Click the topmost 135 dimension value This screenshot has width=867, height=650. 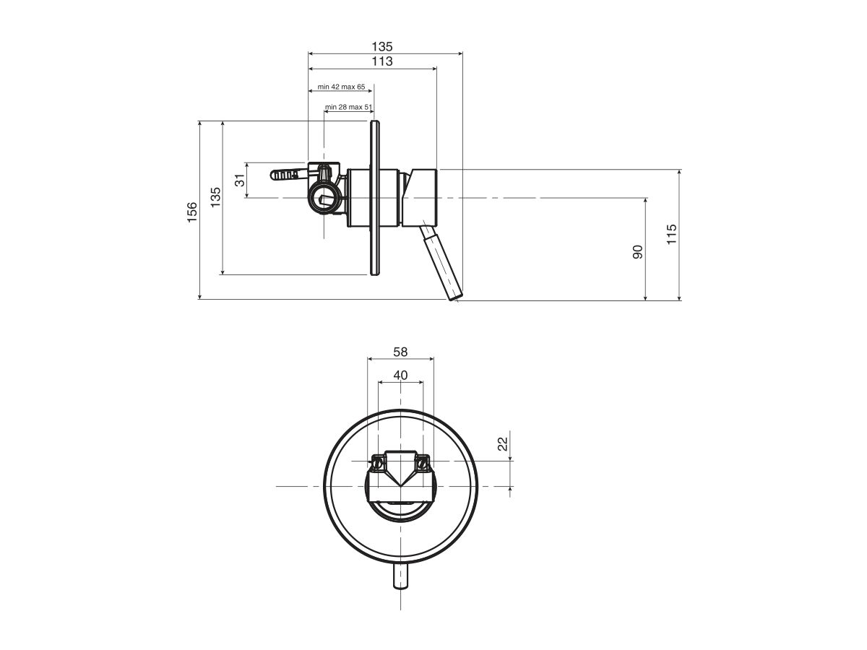point(381,46)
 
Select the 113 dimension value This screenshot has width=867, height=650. point(381,61)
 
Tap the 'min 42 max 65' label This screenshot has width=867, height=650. point(341,87)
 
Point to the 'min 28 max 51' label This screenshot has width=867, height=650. point(348,107)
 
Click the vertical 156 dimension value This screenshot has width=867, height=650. point(192,212)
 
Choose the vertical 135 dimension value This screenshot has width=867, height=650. point(215,197)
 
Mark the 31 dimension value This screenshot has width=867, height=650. point(240,181)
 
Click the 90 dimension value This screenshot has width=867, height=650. point(637,252)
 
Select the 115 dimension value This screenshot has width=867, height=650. point(671,235)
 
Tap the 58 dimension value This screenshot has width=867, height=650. point(400,352)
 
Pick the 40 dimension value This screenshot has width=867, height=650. point(400,375)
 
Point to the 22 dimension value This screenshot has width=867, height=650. point(502,443)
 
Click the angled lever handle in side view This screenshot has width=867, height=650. point(441,261)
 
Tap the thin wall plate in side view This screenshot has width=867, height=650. point(374,198)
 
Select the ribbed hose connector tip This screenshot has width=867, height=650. point(289,173)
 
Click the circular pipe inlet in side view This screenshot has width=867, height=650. point(324,198)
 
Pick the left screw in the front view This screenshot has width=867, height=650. point(378,463)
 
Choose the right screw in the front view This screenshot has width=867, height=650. point(423,462)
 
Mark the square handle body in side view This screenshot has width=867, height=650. point(420,198)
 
